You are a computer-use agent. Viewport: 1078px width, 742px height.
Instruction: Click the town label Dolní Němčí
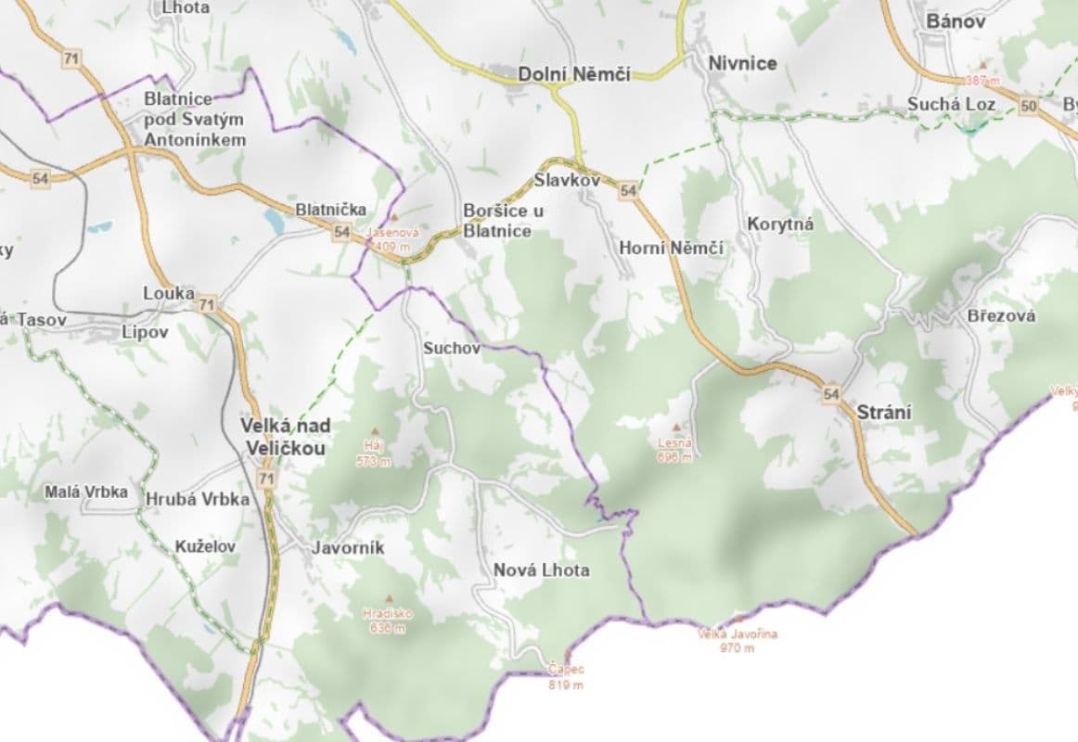pyautogui.click(x=573, y=74)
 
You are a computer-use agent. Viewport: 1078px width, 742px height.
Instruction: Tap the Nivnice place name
pyautogui.click(x=742, y=63)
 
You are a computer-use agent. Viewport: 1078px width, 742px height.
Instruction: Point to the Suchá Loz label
pyautogui.click(x=951, y=104)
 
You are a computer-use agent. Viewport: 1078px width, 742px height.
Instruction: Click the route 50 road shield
pyautogui.click(x=1027, y=106)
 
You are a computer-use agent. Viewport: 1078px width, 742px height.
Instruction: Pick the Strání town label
pyautogui.click(x=884, y=413)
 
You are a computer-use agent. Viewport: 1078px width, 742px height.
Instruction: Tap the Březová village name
pyautogui.click(x=1001, y=315)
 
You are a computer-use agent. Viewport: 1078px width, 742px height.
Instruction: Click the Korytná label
pyautogui.click(x=779, y=224)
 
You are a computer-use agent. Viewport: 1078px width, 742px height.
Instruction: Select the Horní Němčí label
pyautogui.click(x=671, y=248)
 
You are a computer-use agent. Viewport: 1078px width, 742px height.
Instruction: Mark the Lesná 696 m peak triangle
pyautogui.click(x=675, y=427)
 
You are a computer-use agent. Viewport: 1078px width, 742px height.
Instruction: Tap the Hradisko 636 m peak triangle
pyautogui.click(x=389, y=598)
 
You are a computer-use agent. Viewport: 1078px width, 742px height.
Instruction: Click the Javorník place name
pyautogui.click(x=348, y=547)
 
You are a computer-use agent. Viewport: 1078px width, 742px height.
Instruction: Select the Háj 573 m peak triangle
pyautogui.click(x=375, y=430)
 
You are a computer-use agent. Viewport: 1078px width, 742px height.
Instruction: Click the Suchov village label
pyautogui.click(x=452, y=349)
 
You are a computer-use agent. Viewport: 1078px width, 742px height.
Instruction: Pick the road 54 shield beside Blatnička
pyautogui.click(x=341, y=232)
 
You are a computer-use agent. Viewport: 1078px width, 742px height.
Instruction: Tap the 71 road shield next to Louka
pyautogui.click(x=206, y=304)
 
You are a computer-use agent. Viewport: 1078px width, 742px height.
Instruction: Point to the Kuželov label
pyautogui.click(x=205, y=546)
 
